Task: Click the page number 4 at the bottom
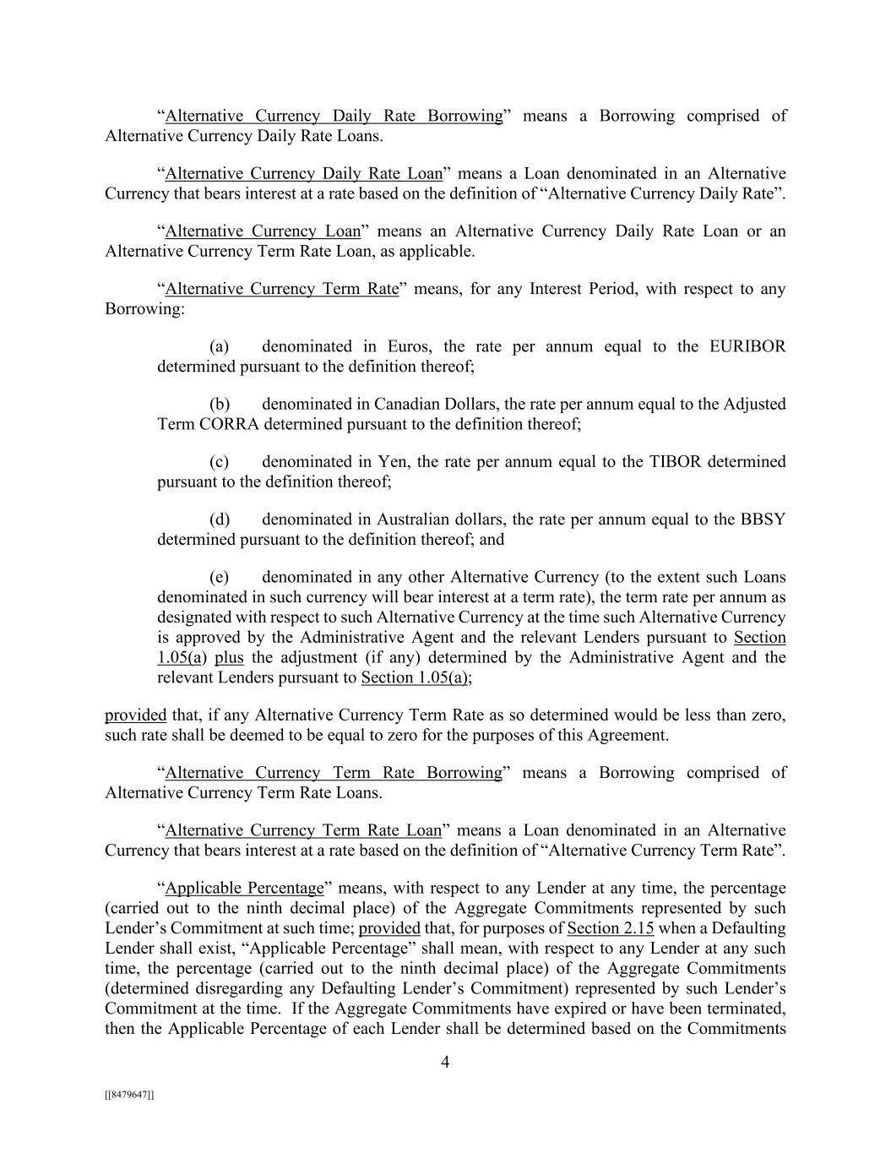coord(445,1063)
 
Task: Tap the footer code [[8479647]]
coord(129,1095)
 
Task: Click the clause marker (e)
coord(220,577)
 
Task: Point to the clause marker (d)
coord(220,519)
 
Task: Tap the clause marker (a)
coord(220,346)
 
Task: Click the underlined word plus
coord(229,657)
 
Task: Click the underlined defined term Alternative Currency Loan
coord(263,231)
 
